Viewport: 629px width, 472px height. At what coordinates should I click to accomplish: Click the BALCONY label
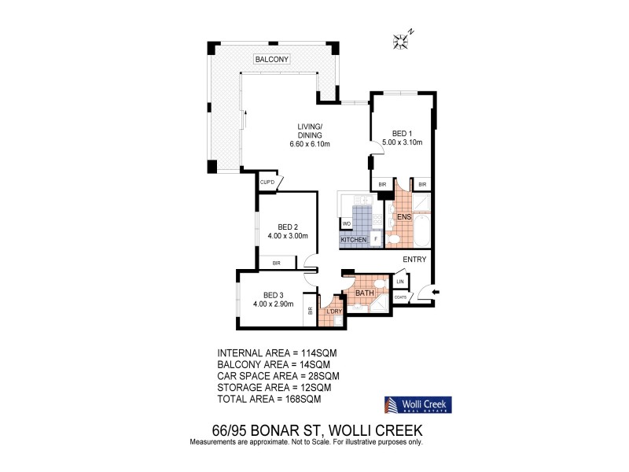click(273, 59)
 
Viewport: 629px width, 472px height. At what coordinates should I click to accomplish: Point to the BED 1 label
click(402, 133)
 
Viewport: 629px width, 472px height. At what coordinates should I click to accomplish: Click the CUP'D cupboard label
click(267, 183)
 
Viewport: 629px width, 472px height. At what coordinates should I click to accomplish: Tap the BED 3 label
click(273, 295)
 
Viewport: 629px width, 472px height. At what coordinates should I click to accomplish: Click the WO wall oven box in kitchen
click(346, 224)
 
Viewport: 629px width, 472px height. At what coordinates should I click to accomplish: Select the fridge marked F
click(376, 238)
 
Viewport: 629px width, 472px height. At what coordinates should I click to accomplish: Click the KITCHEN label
click(353, 239)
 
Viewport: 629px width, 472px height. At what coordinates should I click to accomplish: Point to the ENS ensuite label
click(405, 216)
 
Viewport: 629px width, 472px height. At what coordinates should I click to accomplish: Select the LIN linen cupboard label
click(400, 281)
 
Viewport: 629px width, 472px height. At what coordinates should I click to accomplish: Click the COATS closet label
click(400, 297)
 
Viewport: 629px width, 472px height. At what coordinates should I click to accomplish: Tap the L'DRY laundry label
click(334, 312)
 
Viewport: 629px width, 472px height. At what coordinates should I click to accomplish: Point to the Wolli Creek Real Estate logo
click(417, 405)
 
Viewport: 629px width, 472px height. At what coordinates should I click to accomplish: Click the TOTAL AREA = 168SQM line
click(268, 399)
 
